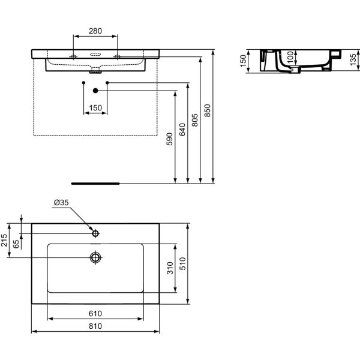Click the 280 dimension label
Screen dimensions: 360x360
point(95,31)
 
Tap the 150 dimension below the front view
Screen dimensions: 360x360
point(95,108)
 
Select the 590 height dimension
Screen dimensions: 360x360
point(170,139)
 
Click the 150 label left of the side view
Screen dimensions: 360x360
point(244,61)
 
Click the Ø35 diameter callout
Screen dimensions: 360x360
point(61,203)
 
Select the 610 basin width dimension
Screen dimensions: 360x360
point(95,314)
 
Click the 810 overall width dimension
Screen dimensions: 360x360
point(95,326)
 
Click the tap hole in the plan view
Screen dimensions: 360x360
point(95,232)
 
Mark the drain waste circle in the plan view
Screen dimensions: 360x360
point(95,257)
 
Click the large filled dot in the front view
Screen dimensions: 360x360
point(95,91)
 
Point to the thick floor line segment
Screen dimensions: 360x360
point(95,182)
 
